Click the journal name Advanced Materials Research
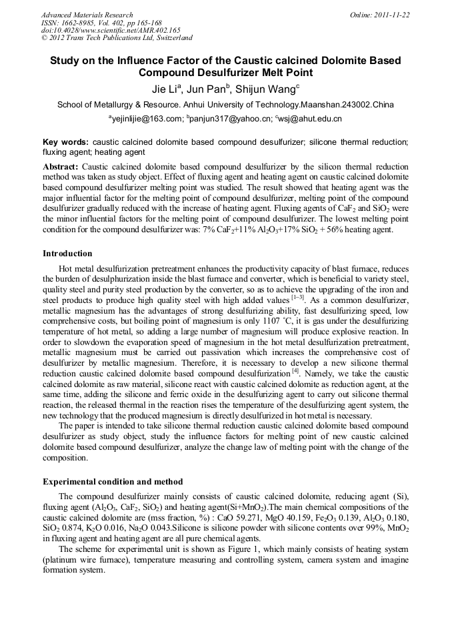click(87, 15)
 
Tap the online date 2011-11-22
click(393, 15)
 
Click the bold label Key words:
click(65, 143)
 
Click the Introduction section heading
click(67, 254)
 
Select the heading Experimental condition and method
click(113, 481)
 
